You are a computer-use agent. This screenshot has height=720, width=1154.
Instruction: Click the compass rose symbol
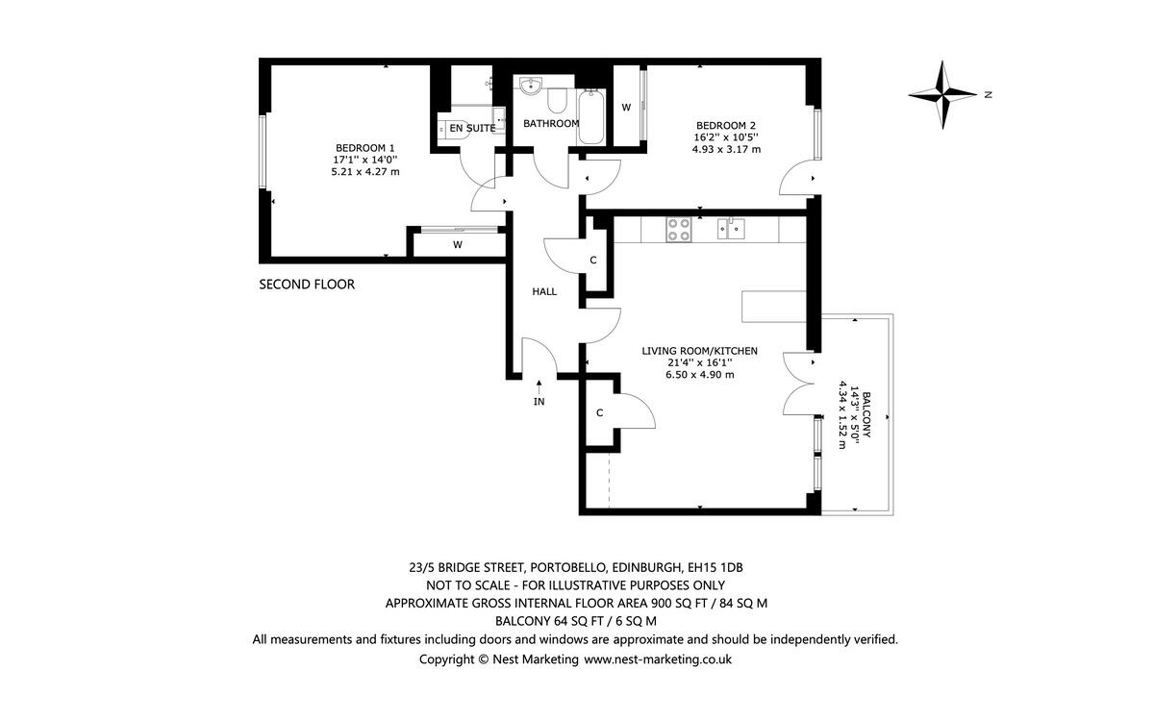[944, 94]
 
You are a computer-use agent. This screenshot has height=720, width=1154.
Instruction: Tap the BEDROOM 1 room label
[364, 147]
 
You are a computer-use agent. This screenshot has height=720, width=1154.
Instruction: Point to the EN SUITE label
[473, 128]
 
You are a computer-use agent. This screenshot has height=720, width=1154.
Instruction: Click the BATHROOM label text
[551, 124]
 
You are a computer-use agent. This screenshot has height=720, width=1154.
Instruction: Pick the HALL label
[544, 291]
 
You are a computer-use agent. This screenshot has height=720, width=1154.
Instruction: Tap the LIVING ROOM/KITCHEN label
[699, 351]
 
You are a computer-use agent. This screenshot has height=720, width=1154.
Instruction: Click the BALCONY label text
[866, 414]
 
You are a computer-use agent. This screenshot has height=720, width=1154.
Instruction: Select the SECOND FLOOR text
[307, 285]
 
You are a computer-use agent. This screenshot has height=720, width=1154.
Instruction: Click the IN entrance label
[539, 402]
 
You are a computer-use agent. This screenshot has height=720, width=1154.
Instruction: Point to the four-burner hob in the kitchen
[678, 229]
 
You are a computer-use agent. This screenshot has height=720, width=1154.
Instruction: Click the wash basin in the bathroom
[530, 87]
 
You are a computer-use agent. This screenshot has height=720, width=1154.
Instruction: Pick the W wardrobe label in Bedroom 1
[458, 245]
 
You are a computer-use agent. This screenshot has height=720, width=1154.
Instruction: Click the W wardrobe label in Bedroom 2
[626, 108]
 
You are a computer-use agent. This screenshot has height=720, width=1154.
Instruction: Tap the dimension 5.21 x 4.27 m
[364, 172]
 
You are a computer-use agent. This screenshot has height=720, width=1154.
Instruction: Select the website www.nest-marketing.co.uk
[658, 659]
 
